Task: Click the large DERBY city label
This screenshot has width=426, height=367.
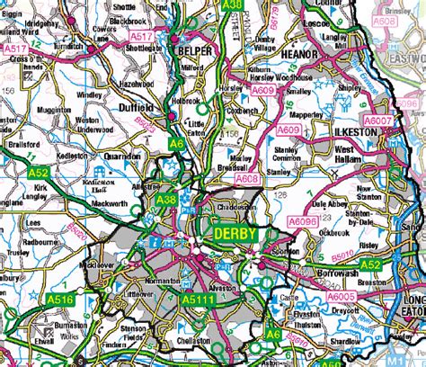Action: [235, 234]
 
